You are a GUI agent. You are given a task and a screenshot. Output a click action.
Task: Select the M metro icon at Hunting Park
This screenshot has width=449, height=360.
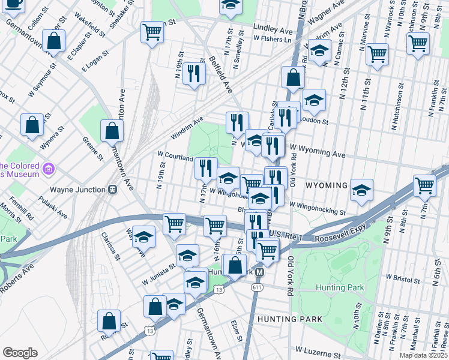click(259, 272)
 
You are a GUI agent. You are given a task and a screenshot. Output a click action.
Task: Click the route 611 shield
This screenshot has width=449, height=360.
click(258, 288)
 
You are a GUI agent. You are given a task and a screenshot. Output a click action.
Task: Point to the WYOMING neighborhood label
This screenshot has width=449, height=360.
click(327, 185)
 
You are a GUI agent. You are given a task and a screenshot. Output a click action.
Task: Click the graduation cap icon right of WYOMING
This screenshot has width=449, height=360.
click(361, 190)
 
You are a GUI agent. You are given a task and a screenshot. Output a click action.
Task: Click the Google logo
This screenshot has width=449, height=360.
click(20, 353)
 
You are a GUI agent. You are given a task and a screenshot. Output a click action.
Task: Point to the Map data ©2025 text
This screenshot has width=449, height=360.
click(420, 355)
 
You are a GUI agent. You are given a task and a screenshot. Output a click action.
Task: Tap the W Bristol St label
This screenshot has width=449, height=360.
click(406, 278)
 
